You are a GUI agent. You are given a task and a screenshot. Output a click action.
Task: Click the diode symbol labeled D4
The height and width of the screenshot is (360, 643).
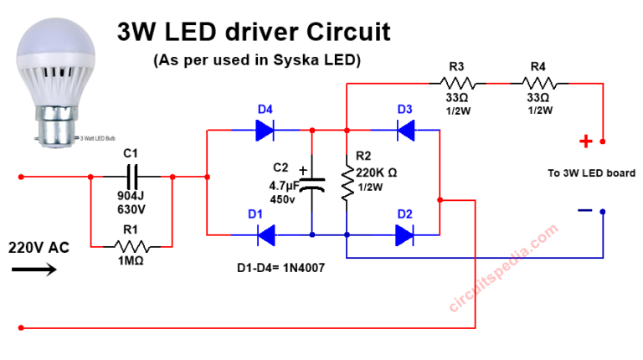pyautogui.click(x=265, y=130)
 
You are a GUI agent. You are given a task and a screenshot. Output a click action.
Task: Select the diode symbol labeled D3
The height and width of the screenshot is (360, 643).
pyautogui.click(x=405, y=130)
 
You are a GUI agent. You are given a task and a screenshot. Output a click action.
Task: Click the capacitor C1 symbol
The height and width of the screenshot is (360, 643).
pyautogui.click(x=131, y=177)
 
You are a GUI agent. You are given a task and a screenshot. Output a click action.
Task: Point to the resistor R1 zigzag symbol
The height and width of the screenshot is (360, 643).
pyautogui.click(x=131, y=247)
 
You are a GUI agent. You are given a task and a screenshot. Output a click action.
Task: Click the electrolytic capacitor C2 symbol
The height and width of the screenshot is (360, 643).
pyautogui.click(x=312, y=186)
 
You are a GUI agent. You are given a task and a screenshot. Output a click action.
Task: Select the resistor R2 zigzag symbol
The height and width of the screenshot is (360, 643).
pyautogui.click(x=346, y=183)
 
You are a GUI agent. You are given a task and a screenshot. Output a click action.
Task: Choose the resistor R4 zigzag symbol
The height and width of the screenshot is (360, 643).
pyautogui.click(x=544, y=83)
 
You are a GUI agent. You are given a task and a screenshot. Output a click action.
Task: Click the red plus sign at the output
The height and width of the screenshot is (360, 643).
pyautogui.click(x=586, y=141)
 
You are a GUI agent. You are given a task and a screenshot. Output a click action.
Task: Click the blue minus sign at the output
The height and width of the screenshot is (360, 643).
pyautogui.click(x=585, y=209)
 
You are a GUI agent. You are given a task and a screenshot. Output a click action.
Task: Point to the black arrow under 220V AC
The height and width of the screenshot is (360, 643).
pyautogui.click(x=33, y=270)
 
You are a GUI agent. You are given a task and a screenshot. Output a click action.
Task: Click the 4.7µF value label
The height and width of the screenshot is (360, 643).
pyautogui.click(x=285, y=186)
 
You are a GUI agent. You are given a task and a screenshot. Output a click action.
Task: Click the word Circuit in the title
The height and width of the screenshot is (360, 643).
pyautogui.click(x=344, y=33)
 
